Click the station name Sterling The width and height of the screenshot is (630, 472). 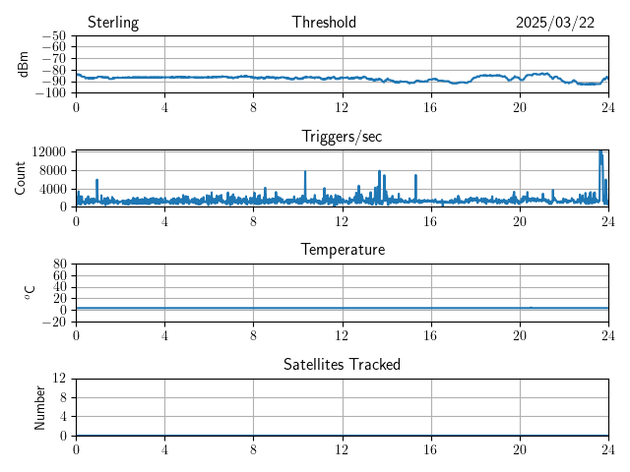(113, 23)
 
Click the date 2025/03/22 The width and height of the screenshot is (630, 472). (555, 23)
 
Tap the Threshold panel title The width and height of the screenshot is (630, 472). (324, 23)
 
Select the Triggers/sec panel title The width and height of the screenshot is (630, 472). (342, 137)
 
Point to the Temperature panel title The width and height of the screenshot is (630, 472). (342, 250)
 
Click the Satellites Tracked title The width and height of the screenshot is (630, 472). (342, 364)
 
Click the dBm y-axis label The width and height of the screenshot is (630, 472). (25, 64)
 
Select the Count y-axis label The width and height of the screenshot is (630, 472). (21, 179)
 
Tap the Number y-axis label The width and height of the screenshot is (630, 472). (40, 407)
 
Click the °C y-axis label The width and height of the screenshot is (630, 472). (30, 292)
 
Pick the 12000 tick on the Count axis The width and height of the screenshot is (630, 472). (48, 151)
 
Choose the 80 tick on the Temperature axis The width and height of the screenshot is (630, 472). (59, 265)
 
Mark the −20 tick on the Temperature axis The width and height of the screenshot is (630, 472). (54, 322)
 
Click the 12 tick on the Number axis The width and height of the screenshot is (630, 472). (60, 379)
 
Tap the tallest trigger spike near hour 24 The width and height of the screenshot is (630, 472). (600, 153)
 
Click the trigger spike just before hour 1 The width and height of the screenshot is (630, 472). (96, 181)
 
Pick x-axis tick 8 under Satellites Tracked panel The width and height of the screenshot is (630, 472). (253, 450)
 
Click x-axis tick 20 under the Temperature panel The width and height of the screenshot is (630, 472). (520, 336)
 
